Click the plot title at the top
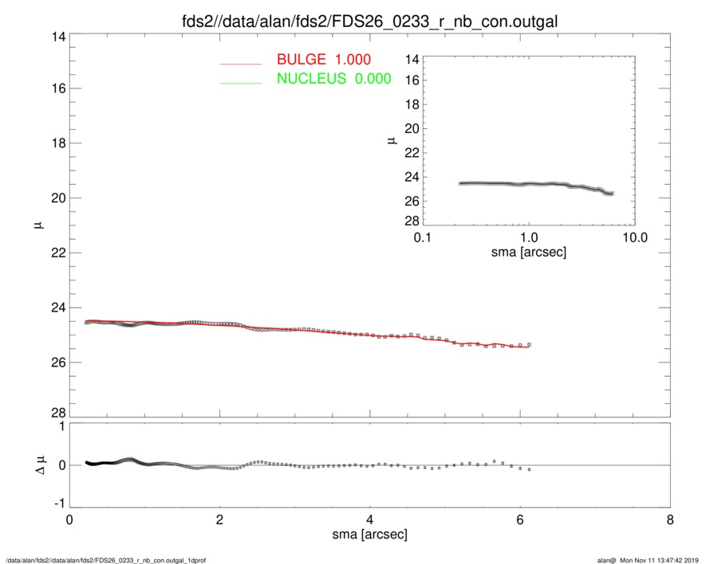click(x=369, y=22)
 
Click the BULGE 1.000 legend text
click(x=324, y=60)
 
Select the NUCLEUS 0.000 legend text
click(x=333, y=78)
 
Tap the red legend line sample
click(x=241, y=62)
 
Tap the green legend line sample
click(x=241, y=81)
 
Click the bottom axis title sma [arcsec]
click(x=369, y=535)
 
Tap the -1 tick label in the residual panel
click(x=57, y=504)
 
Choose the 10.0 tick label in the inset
click(x=634, y=238)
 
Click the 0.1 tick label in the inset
click(x=423, y=238)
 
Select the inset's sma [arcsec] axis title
click(x=529, y=252)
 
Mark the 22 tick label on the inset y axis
click(x=412, y=153)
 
